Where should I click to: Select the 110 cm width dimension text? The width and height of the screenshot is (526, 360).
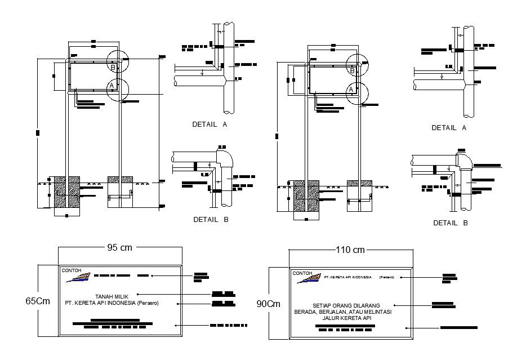tap(350, 250)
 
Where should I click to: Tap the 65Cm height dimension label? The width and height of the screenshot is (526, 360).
tap(38, 301)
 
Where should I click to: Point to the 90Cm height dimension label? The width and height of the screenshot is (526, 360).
tap(268, 304)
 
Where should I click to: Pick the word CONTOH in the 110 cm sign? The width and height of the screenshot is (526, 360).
tap(302, 273)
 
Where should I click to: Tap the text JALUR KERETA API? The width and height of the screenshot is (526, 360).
tap(347, 318)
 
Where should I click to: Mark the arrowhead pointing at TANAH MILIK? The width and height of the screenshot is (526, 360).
tap(138, 294)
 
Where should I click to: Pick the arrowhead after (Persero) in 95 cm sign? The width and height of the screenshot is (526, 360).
tap(179, 303)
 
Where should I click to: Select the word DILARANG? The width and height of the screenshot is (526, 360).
tap(367, 305)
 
